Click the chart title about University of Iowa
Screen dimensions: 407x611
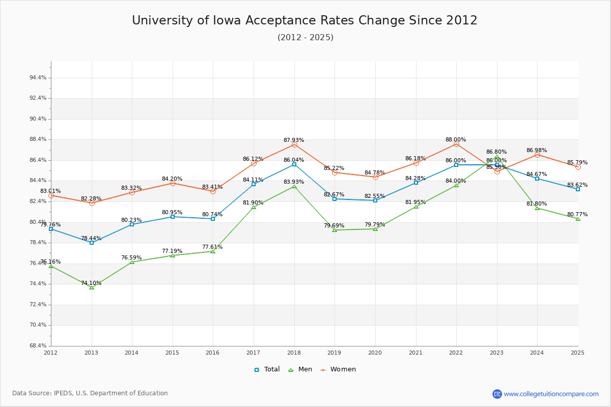point(304,20)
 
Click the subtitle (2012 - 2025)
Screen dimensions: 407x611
point(305,38)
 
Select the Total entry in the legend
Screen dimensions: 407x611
point(267,369)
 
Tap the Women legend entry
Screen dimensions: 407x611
point(338,369)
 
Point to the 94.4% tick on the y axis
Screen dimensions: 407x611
point(38,78)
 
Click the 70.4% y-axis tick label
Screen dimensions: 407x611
point(38,325)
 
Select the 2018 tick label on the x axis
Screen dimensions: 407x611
point(294,352)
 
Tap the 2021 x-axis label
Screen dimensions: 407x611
point(415,352)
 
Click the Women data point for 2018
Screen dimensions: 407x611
point(294,145)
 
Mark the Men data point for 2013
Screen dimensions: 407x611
point(92,287)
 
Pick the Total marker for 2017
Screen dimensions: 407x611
point(254,184)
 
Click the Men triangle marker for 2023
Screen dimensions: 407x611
point(497,157)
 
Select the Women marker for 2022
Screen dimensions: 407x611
point(456,144)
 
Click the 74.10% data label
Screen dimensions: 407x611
point(91,283)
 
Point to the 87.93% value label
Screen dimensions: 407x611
point(294,140)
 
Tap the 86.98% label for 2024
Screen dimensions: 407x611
point(537,150)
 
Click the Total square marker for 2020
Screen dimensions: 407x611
point(375,200)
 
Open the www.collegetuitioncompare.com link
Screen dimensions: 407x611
point(551,394)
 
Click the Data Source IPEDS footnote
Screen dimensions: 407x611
point(90,393)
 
